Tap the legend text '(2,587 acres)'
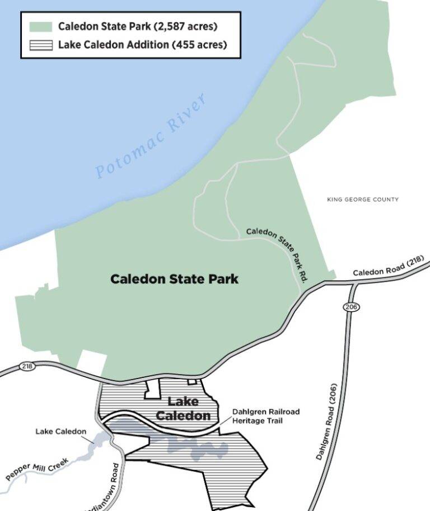point(187,26)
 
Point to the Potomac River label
point(151,136)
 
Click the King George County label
point(363,200)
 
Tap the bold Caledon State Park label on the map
point(174,278)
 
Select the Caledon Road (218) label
point(387,267)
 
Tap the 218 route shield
point(27,366)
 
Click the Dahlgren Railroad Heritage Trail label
point(266,416)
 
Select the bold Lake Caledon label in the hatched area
point(183,409)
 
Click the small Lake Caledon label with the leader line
point(61,432)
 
